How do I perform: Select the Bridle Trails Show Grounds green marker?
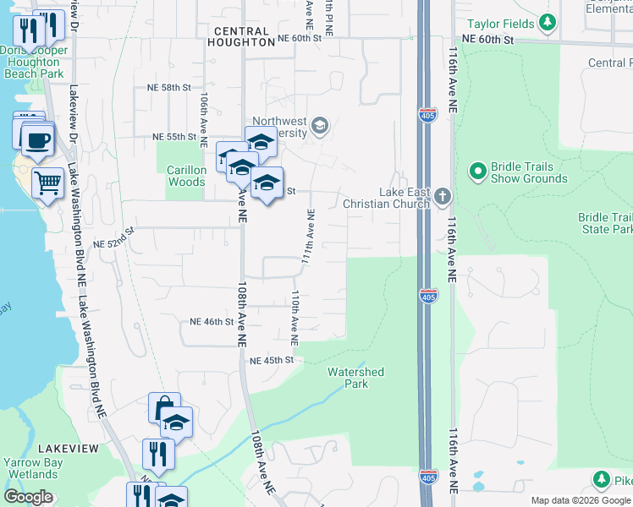point(477,172)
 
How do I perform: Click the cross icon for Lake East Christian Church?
point(443,198)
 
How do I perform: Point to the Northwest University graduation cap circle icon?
point(319,127)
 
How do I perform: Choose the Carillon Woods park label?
point(186,176)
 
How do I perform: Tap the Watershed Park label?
point(355,378)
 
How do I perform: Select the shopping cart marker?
point(47,182)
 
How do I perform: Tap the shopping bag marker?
point(163,408)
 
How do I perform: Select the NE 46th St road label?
point(211,322)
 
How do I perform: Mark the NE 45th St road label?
point(271,360)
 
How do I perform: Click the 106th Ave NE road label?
point(204,111)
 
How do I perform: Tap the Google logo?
point(29,497)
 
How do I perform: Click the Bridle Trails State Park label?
point(606,223)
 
